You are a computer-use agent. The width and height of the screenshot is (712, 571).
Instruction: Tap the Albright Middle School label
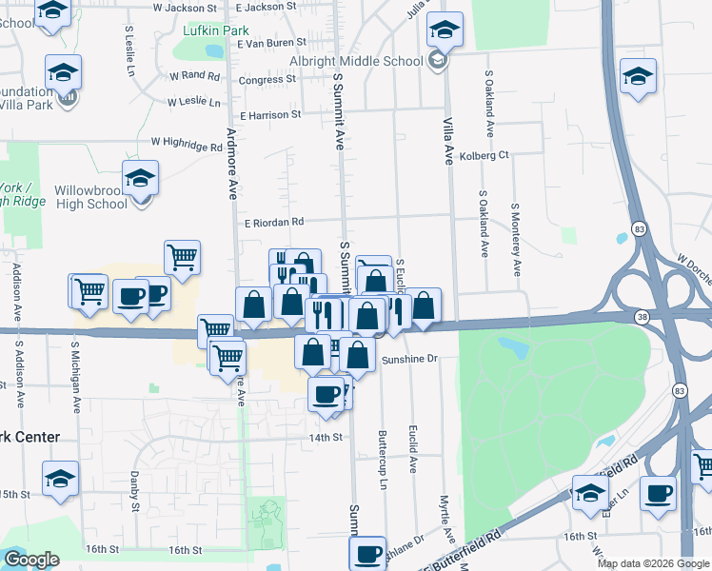click(x=357, y=61)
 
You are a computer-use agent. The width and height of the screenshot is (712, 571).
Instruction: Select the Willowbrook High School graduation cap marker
click(x=140, y=179)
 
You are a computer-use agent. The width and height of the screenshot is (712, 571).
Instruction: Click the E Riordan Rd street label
click(x=272, y=222)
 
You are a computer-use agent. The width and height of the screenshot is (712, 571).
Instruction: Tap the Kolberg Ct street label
click(x=484, y=155)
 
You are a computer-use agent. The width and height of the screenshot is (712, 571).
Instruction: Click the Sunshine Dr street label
click(x=408, y=360)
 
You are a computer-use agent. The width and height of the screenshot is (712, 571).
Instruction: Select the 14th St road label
click(x=324, y=438)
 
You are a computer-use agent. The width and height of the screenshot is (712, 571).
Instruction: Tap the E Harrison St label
click(x=270, y=114)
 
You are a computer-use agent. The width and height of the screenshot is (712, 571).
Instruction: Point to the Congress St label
click(x=261, y=80)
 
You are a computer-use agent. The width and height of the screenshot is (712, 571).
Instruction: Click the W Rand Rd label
click(x=194, y=75)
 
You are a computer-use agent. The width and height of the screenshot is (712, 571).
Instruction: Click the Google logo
click(x=32, y=560)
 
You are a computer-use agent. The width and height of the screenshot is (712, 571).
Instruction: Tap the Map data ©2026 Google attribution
click(x=652, y=563)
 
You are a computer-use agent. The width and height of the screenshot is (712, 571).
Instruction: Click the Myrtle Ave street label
click(x=444, y=515)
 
